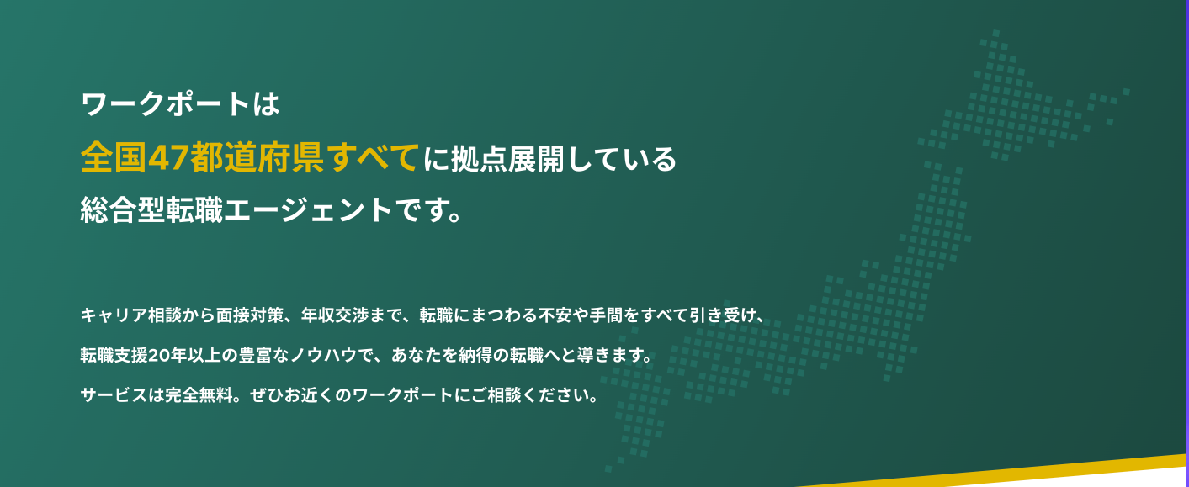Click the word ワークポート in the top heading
click(166, 103)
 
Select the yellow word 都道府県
click(257, 158)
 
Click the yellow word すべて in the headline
click(372, 158)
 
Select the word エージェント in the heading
click(308, 210)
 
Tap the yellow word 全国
click(114, 158)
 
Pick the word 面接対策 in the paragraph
click(249, 315)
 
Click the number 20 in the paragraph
click(158, 355)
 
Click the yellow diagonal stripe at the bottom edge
click(993, 470)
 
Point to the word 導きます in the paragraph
click(612, 355)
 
